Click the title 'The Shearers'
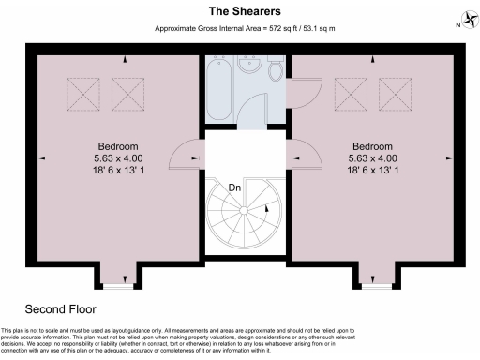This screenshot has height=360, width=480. (239, 10)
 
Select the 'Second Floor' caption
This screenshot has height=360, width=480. (60, 308)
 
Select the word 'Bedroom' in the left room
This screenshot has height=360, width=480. (119, 146)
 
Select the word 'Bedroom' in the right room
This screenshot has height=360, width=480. (373, 146)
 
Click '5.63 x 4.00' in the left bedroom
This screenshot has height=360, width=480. (119, 158)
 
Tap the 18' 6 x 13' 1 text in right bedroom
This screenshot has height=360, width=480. (373, 172)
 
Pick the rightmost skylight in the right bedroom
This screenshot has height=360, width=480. (395, 94)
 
